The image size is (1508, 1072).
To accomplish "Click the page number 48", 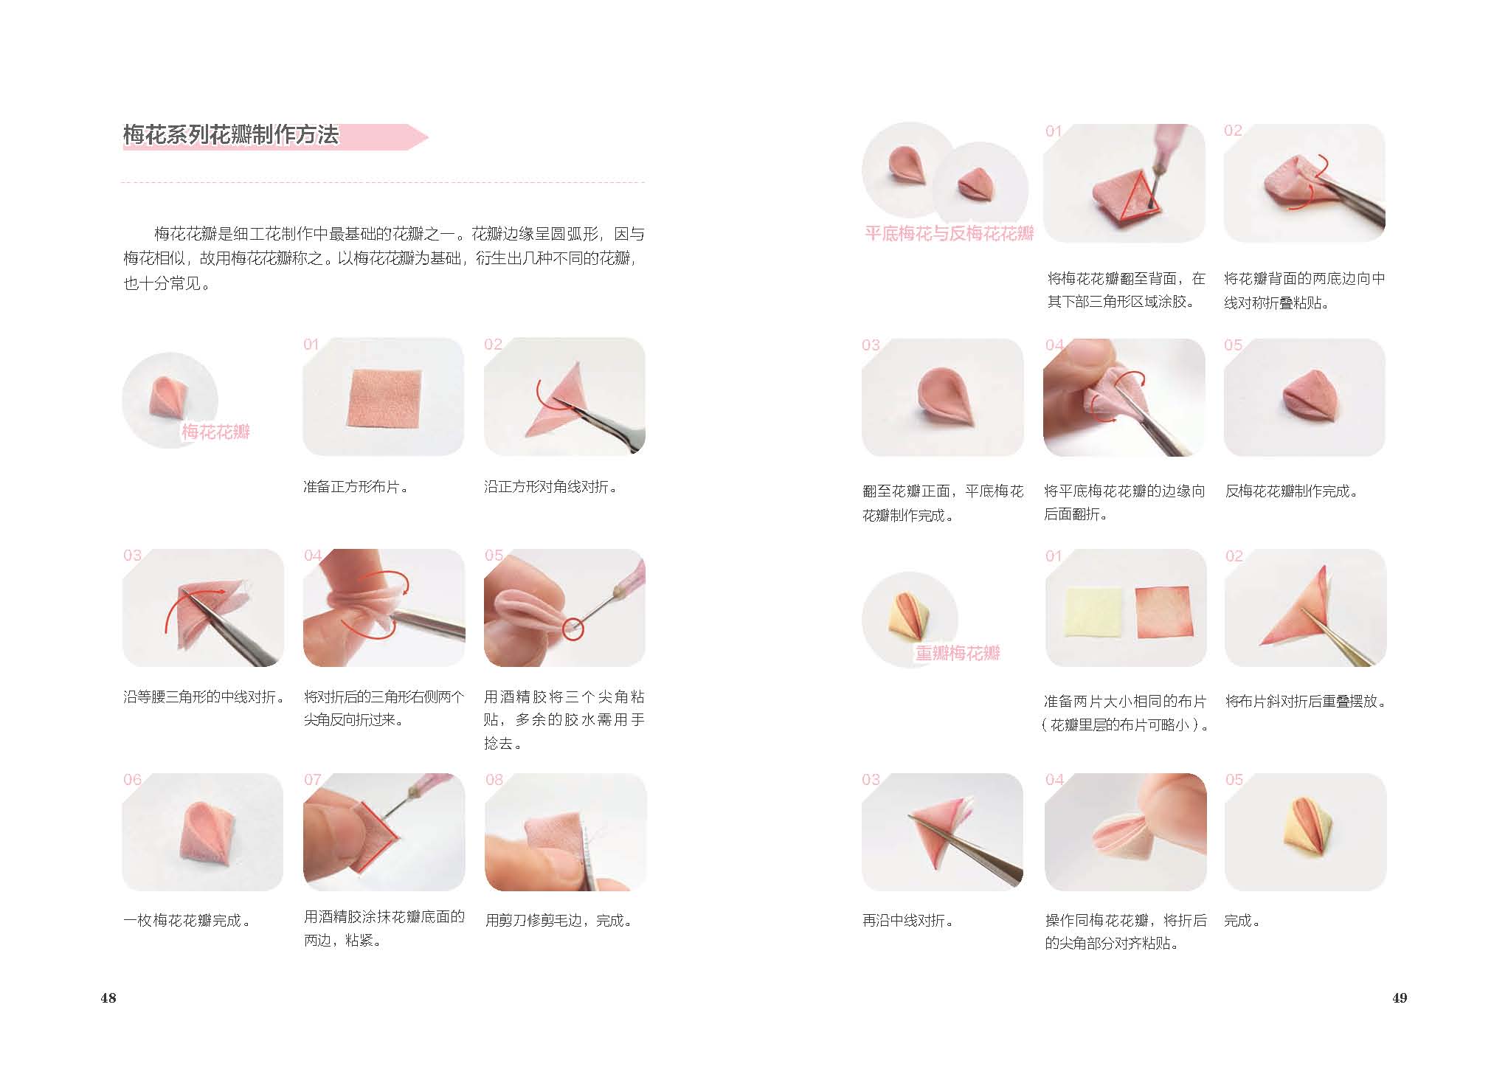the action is (x=108, y=998).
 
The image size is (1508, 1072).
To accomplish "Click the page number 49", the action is (x=1400, y=998).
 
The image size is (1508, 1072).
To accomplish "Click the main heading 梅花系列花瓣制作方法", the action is (x=231, y=135).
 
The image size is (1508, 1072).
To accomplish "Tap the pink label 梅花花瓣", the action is (x=215, y=432).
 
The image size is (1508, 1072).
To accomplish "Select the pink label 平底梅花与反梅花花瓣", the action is (x=950, y=234).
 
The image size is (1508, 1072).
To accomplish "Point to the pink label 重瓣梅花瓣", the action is (x=957, y=653).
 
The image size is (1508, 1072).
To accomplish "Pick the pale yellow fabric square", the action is (x=1092, y=617).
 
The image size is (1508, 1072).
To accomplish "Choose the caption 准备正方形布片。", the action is (x=356, y=487).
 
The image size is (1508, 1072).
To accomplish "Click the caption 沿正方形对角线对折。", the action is (x=551, y=487).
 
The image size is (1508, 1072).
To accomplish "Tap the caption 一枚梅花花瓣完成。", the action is (x=187, y=921).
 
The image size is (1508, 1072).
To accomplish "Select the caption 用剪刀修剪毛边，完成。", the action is (x=558, y=921).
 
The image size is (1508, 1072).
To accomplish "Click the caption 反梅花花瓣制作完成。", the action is (x=1292, y=491).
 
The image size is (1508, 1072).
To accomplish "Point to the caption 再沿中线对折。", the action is (x=908, y=921).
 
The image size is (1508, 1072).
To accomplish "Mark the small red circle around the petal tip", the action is (x=573, y=629).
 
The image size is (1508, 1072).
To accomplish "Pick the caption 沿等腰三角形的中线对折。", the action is (x=204, y=697).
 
